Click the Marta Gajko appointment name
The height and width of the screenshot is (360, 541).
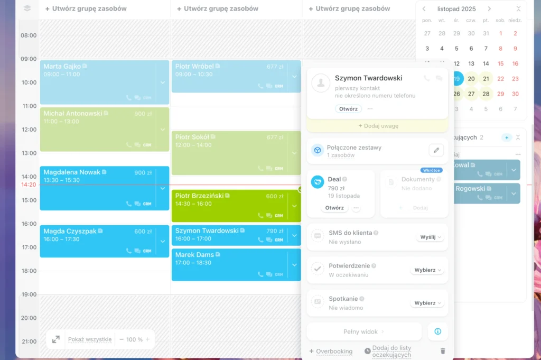click(62, 67)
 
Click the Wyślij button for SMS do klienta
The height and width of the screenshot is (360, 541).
click(430, 237)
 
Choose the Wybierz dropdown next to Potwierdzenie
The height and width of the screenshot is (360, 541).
click(427, 270)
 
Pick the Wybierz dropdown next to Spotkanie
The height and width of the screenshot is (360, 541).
click(427, 303)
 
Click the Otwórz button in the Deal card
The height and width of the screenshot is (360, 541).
click(334, 208)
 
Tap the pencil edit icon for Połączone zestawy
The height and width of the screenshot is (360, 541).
click(436, 150)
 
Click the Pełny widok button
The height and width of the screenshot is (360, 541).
click(363, 332)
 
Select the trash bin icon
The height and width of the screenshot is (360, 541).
click(443, 351)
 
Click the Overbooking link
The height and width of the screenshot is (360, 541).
click(334, 351)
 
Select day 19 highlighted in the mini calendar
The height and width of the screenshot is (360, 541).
click(457, 79)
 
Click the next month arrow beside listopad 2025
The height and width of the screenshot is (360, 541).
click(489, 9)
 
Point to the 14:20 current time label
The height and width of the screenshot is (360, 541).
click(29, 185)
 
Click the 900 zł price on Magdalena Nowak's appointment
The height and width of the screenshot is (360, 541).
click(143, 172)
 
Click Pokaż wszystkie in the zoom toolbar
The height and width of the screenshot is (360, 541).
click(90, 339)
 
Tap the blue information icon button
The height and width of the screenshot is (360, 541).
click(437, 331)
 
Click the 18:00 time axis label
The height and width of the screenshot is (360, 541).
click(29, 271)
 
